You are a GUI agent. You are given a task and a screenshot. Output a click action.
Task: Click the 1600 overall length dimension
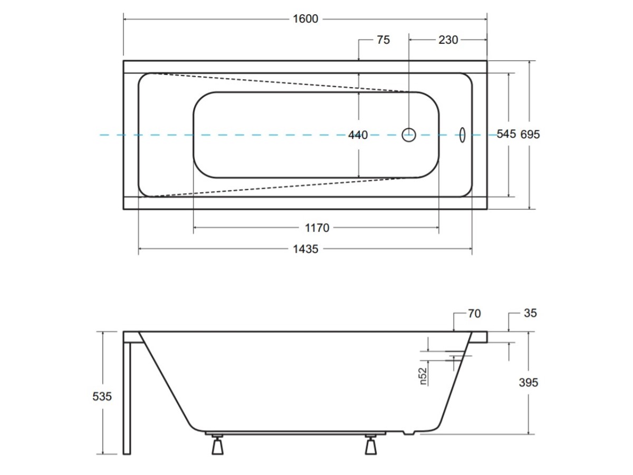point(305,19)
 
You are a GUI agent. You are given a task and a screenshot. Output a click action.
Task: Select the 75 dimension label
point(383,40)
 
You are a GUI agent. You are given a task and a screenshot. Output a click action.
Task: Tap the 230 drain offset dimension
point(448,40)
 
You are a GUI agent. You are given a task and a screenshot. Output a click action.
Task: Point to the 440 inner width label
point(358,135)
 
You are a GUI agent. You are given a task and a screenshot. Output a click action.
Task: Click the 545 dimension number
point(506,134)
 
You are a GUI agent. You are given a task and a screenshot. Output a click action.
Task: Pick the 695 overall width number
point(530,135)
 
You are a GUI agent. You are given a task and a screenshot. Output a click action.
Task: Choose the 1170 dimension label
point(317,228)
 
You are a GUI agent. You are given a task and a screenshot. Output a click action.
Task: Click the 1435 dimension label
point(305,249)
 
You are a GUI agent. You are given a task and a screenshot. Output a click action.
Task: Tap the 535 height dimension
point(102,396)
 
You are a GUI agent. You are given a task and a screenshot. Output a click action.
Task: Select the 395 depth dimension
point(529,383)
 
